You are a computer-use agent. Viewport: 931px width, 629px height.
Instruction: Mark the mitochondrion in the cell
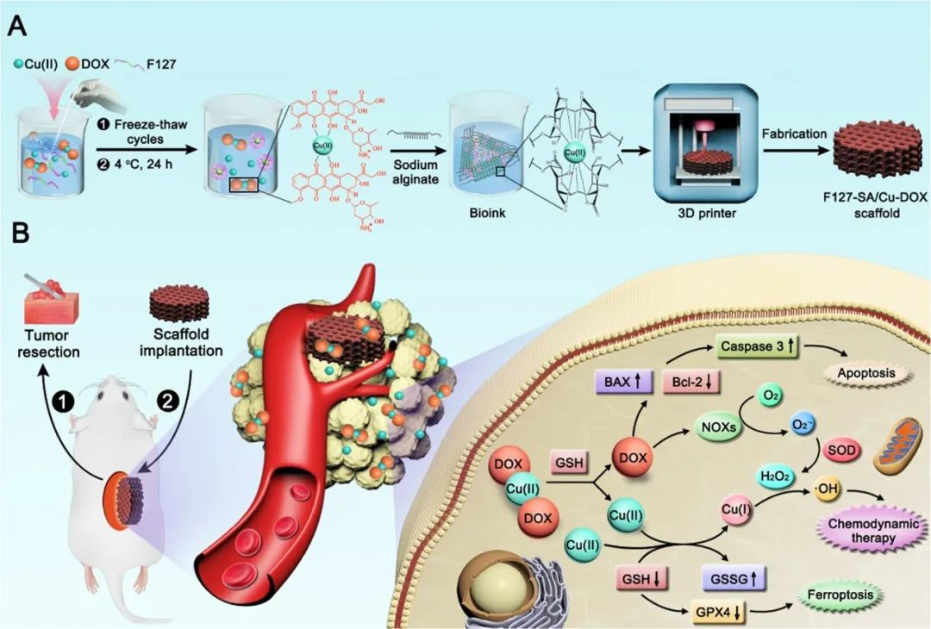point(897,447)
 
